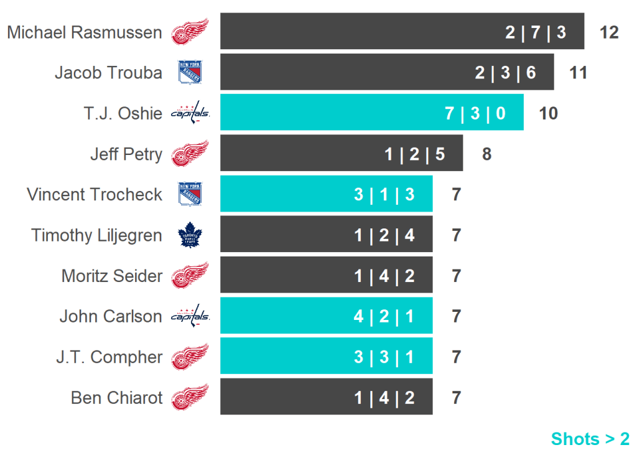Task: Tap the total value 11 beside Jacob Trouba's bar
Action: pyautogui.click(x=579, y=72)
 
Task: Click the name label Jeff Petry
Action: pyautogui.click(x=126, y=154)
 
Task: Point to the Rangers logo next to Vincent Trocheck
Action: pyautogui.click(x=190, y=194)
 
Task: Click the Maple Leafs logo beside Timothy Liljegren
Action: pyautogui.click(x=190, y=235)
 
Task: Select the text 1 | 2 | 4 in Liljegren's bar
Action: pyautogui.click(x=384, y=235)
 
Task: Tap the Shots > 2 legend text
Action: pyautogui.click(x=590, y=439)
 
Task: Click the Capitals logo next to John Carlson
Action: pyautogui.click(x=190, y=316)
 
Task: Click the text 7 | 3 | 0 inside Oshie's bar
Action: pyautogui.click(x=475, y=113)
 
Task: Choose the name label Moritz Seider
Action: pyautogui.click(x=112, y=276)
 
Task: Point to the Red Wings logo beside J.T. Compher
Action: pyautogui.click(x=190, y=357)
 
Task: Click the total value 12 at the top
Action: pyautogui.click(x=609, y=32)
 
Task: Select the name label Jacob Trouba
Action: pyautogui.click(x=108, y=72)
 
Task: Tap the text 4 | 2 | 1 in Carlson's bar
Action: pyautogui.click(x=384, y=316)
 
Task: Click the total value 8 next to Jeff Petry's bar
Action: pyautogui.click(x=486, y=154)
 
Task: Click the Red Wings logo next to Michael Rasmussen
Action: pyautogui.click(x=190, y=32)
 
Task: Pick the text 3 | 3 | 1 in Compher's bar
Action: pyautogui.click(x=384, y=357)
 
